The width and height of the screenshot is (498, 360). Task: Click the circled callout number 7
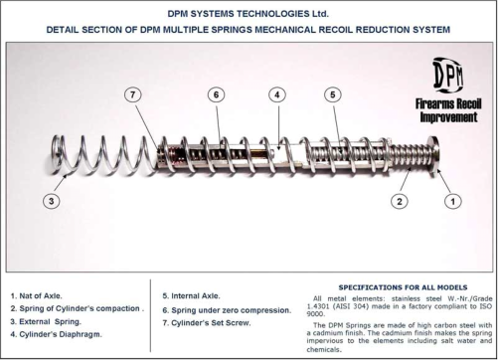[133, 94]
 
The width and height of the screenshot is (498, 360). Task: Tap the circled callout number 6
[216, 94]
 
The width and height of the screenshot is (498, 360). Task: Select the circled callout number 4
[277, 94]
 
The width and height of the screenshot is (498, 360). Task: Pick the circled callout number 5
[333, 94]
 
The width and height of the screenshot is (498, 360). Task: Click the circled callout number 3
[52, 201]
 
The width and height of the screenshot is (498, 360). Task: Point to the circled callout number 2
[400, 201]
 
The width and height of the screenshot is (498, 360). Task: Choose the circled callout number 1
[452, 201]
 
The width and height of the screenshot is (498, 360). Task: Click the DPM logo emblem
[448, 77]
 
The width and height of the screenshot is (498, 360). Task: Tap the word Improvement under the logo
[448, 117]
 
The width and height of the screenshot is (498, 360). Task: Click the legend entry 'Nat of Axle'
[37, 295]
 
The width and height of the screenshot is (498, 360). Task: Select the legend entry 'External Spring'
[46, 321]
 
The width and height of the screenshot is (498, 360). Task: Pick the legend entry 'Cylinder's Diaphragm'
[57, 334]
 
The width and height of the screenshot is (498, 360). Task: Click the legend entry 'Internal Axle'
[191, 295]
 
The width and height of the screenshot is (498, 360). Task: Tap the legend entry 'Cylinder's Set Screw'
[207, 322]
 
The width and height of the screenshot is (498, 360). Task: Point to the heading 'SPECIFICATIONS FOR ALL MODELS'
[403, 287]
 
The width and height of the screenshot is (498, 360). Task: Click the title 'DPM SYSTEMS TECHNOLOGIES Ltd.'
[249, 14]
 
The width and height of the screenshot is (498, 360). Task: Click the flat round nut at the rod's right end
[433, 156]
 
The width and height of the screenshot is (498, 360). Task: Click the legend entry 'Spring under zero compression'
[227, 310]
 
